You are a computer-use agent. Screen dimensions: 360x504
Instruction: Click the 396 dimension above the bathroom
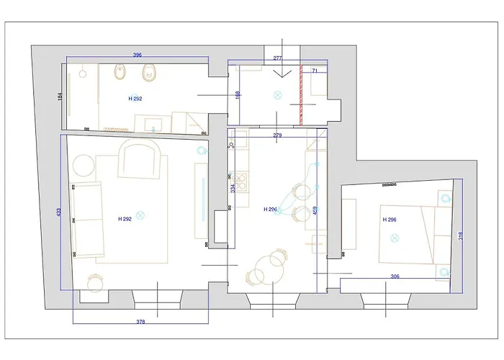[137, 55]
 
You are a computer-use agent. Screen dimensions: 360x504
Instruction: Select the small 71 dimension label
[314, 71]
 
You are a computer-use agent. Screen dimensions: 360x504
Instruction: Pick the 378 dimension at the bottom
[140, 322]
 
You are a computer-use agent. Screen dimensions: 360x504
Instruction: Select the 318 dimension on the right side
[460, 235]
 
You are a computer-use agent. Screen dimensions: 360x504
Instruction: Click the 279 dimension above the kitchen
[277, 135]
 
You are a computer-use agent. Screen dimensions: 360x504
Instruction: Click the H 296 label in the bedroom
[390, 220]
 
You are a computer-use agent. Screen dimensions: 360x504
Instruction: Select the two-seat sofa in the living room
[86, 220]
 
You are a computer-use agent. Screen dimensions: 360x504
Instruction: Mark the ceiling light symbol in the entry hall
[277, 94]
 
